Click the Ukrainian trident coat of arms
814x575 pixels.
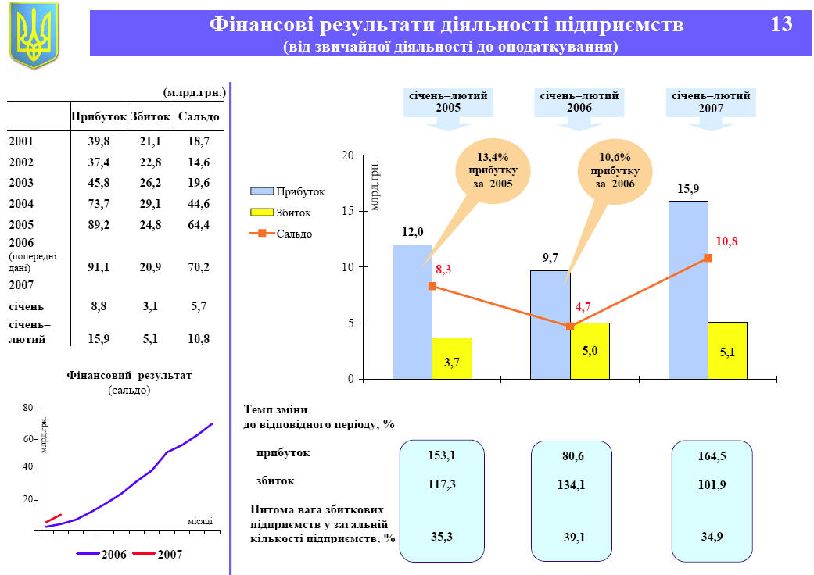click(x=34, y=35)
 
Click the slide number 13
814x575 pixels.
click(x=781, y=25)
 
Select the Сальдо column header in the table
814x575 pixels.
click(x=199, y=116)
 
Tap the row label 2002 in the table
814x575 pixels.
click(x=21, y=162)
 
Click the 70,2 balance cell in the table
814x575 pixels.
click(x=199, y=266)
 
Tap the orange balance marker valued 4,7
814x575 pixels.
click(x=570, y=326)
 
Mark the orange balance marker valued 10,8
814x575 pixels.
click(x=708, y=258)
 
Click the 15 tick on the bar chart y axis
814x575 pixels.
click(x=348, y=211)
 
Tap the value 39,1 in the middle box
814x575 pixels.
click(x=574, y=537)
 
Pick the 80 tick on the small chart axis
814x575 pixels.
click(x=27, y=409)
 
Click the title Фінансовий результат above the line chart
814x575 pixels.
click(x=129, y=376)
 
